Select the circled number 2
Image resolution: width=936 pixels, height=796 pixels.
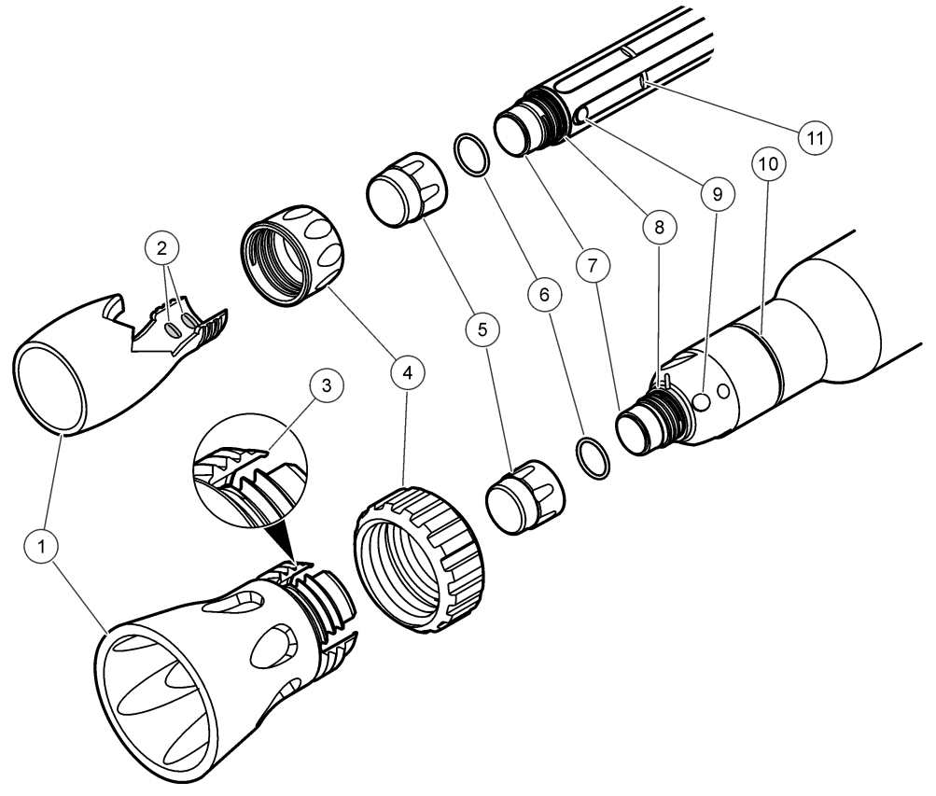coord(162,249)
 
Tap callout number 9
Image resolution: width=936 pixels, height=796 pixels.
coord(716,193)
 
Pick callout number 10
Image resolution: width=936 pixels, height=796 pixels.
coord(771,164)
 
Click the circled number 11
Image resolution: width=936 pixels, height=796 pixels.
coord(815,136)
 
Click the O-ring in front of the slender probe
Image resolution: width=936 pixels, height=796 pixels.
coord(471,154)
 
